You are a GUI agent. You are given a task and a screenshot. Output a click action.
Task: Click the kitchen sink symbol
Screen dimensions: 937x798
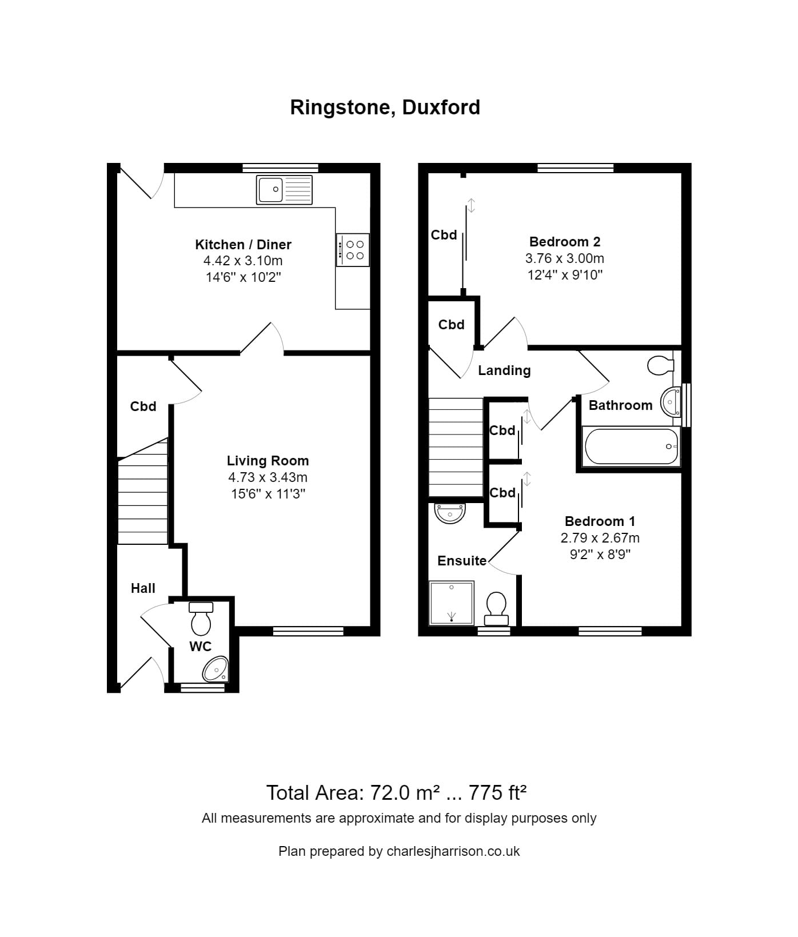284,190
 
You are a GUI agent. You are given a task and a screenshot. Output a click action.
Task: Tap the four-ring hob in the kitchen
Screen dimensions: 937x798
353,250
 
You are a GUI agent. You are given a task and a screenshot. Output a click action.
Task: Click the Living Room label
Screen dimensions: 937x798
268,461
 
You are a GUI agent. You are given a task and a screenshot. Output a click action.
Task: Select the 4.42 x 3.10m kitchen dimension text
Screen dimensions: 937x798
243,261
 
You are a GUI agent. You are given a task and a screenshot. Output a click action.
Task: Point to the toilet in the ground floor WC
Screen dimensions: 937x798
201,619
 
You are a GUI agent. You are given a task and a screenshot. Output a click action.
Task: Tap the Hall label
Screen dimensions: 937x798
143,588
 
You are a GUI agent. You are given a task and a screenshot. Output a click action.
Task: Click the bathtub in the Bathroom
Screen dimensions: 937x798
631,446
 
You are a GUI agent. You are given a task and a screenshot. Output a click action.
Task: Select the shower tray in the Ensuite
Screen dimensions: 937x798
452,603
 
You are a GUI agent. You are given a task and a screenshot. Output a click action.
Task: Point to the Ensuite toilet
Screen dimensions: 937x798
496,608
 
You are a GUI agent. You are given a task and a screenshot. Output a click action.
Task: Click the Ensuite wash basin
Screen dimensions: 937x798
450,513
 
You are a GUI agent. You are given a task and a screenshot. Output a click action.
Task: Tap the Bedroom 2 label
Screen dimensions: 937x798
565,242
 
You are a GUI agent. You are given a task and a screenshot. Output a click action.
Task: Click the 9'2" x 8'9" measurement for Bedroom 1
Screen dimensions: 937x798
600,554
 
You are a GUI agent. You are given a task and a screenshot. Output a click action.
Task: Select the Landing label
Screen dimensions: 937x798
504,370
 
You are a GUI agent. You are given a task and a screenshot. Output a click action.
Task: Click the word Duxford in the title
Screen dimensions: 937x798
441,107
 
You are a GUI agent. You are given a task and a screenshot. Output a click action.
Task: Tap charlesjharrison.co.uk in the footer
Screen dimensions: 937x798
453,851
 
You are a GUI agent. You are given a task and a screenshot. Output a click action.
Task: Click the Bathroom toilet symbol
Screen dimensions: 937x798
661,365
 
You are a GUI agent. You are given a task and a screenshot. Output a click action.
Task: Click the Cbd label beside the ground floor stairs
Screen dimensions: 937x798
143,406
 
